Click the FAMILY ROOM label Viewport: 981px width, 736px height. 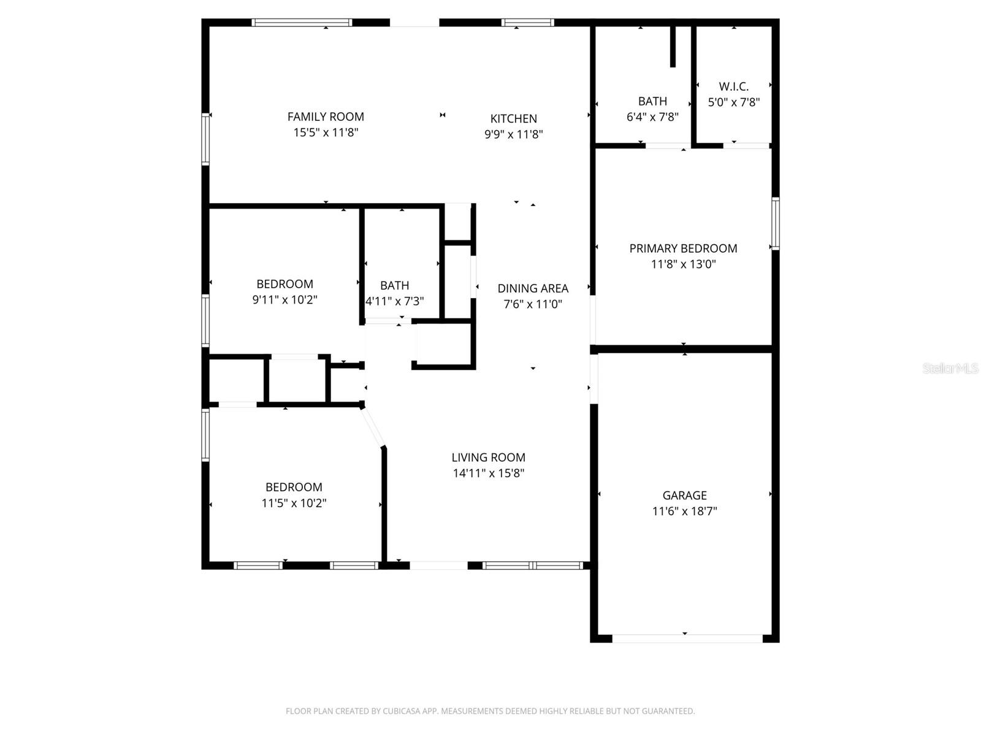coord(326,117)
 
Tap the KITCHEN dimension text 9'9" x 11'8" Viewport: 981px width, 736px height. coord(514,134)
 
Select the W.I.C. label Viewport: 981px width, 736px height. coord(734,86)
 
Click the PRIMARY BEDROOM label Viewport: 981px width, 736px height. coord(683,248)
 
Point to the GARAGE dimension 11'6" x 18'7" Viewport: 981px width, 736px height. coord(684,511)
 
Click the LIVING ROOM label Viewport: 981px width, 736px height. coord(488,458)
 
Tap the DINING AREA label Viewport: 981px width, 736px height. coord(533,288)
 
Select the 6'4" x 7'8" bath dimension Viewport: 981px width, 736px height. coord(652,117)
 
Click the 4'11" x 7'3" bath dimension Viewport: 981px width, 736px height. coord(395,302)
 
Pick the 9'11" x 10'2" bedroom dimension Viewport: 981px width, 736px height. coord(284,300)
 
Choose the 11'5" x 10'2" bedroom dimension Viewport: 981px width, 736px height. coord(294,503)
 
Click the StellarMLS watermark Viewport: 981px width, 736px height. coord(950,368)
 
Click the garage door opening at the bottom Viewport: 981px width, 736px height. coord(687,638)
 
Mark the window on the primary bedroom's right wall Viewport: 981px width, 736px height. coord(775,223)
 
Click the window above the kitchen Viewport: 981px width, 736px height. coord(527,23)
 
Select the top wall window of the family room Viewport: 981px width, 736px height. coord(302,23)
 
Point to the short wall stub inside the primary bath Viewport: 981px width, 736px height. coord(673,46)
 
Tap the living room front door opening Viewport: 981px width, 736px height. coord(438,565)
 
